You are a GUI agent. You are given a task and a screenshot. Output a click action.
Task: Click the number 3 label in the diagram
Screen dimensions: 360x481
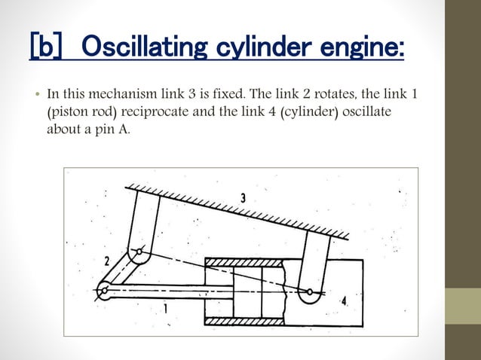tap(243, 198)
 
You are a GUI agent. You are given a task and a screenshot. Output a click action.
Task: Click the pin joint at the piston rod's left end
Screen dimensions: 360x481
tap(105, 287)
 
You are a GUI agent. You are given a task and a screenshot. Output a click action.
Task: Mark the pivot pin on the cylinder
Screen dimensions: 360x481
tap(308, 291)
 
